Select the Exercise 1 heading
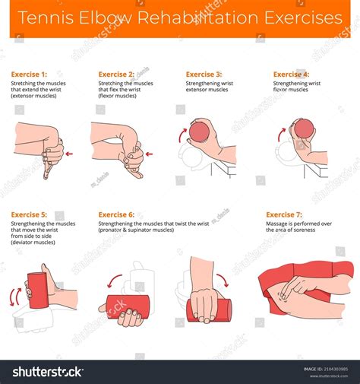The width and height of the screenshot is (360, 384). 28,75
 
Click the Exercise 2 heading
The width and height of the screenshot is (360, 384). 115,75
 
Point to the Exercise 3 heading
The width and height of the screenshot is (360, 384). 204,75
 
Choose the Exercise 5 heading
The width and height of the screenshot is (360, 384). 28,214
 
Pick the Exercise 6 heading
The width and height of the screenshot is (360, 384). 115,214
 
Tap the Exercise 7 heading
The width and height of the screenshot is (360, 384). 284,214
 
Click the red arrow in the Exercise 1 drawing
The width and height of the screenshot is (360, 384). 70,154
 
